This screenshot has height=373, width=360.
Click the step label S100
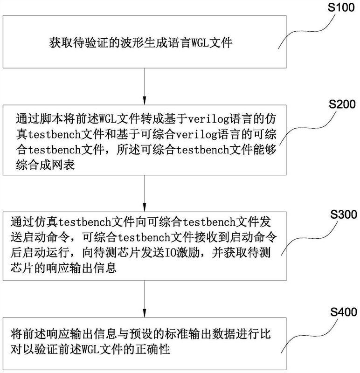[x=341, y=7]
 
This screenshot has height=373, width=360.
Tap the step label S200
[x=342, y=104]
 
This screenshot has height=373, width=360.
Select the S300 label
[x=344, y=214]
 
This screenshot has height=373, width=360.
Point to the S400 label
[x=344, y=312]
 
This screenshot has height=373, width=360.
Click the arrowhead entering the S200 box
[x=145, y=100]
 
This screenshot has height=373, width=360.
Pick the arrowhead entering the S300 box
[x=145, y=207]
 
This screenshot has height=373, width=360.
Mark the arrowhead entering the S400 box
[x=145, y=313]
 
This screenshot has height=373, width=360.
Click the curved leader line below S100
[x=307, y=31]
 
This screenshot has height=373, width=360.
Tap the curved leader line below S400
[x=309, y=336]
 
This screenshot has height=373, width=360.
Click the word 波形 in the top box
[x=132, y=43]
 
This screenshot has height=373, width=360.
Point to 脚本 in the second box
[x=51, y=119]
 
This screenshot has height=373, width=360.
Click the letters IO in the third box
[x=170, y=253]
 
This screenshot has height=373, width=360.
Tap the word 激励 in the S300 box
[x=188, y=253]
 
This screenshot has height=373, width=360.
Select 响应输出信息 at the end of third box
[x=82, y=268]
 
